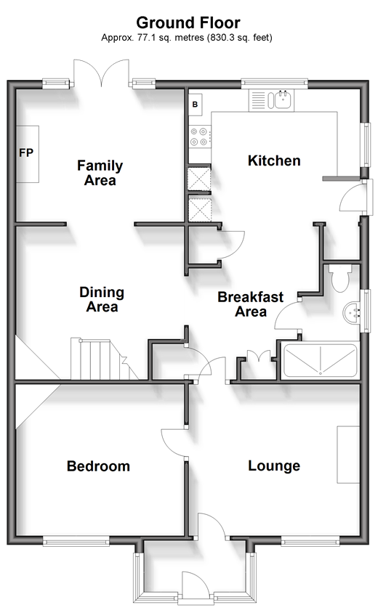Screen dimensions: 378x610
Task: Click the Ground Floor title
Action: (x=188, y=23)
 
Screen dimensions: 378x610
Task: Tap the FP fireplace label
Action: (x=26, y=153)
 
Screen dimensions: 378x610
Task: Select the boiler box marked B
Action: (x=196, y=105)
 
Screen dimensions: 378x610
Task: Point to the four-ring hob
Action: (x=199, y=137)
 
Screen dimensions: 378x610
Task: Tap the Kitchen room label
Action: (x=274, y=160)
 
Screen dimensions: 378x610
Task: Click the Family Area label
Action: (x=100, y=173)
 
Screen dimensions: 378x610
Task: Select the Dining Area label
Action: (x=102, y=299)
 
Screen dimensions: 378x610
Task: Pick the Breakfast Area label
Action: (x=251, y=304)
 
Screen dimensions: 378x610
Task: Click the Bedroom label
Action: (x=98, y=466)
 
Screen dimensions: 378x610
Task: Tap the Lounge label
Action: (x=274, y=466)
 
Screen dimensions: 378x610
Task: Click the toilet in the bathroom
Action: (x=340, y=277)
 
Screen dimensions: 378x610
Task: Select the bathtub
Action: (x=320, y=361)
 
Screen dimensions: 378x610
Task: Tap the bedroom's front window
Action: (x=76, y=541)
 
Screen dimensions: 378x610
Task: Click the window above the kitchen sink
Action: (x=275, y=83)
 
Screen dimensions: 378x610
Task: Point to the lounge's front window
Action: (x=310, y=541)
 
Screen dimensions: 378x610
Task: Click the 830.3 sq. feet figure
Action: (x=240, y=38)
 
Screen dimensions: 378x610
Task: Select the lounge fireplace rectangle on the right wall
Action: (x=348, y=455)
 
